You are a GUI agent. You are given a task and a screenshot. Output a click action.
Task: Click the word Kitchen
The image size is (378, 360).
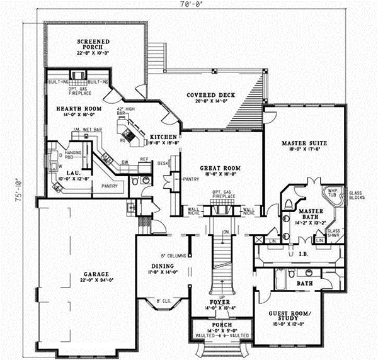coord(162,137)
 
